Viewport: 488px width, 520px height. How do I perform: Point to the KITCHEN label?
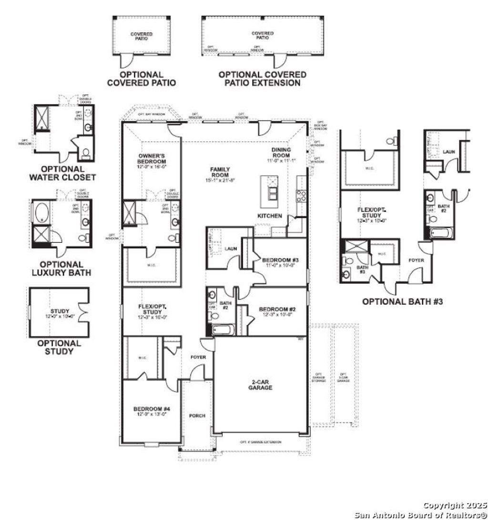tap(270, 216)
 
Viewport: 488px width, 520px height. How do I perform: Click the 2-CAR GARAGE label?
tap(260, 384)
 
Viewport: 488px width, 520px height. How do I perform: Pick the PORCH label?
tap(197, 416)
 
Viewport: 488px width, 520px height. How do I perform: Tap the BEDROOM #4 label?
tap(150, 411)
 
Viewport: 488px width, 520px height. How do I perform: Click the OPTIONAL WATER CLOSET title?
tap(62, 173)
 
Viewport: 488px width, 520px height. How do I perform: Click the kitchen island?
tap(272, 189)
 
